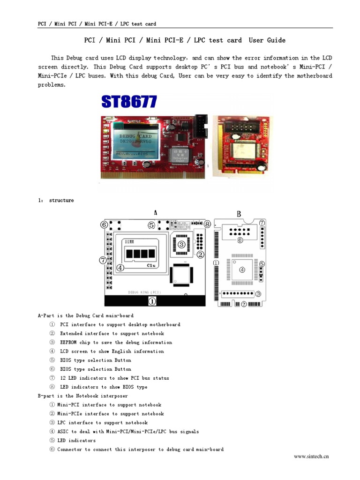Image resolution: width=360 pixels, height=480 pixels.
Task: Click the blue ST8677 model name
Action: coord(129,102)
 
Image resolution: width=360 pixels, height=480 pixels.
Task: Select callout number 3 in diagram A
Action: coord(181,244)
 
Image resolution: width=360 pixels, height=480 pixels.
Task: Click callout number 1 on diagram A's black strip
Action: coord(153,302)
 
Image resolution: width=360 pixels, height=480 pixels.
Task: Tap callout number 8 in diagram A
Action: coord(207,225)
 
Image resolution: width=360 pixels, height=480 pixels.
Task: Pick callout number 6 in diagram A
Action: coord(104,225)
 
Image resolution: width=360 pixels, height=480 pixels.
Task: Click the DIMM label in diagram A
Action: coord(129,241)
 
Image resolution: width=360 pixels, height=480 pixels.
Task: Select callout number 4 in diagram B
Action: coord(242,270)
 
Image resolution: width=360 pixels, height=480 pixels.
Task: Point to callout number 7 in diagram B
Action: coord(262,223)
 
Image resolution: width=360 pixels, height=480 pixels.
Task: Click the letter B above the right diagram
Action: coord(239,214)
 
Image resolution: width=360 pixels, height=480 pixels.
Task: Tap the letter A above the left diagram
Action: coord(155,212)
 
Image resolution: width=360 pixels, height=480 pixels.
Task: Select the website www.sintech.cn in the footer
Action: coord(311,456)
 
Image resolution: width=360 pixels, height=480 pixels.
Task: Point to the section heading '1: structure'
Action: coord(56,201)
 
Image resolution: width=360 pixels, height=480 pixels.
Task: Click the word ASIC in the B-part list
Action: coord(63,432)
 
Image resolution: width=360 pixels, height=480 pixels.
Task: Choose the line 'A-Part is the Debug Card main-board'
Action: coord(86,316)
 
